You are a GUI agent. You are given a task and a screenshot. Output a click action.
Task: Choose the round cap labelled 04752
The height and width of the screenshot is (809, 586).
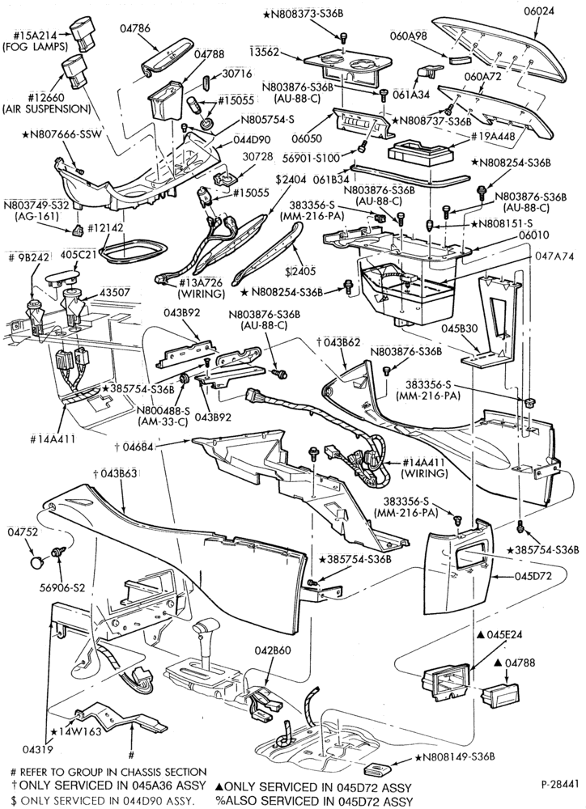[37, 561]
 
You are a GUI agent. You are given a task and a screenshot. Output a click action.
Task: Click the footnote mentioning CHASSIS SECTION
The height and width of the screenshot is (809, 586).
[108, 772]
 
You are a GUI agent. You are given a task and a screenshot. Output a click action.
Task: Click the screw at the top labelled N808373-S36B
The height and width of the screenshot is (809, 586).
[343, 36]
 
